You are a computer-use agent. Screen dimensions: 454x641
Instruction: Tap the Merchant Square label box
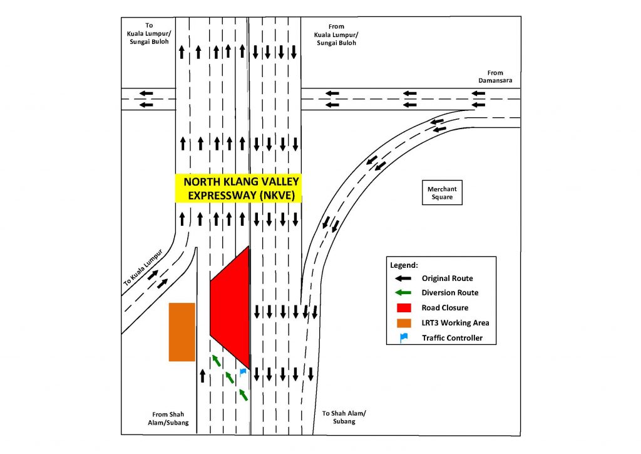click(x=443, y=193)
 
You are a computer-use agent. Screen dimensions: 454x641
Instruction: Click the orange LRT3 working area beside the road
click(x=182, y=332)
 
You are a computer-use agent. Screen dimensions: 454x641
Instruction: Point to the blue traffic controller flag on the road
click(x=243, y=372)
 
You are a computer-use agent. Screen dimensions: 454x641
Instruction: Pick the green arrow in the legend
click(x=404, y=293)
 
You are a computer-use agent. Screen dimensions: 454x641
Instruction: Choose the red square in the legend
click(x=404, y=308)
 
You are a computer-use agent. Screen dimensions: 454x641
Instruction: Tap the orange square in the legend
click(x=404, y=323)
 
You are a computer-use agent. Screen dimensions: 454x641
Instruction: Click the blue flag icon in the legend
click(x=404, y=338)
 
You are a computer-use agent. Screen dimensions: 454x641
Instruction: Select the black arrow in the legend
click(x=404, y=278)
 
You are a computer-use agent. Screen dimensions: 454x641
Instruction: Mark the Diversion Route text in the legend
click(x=450, y=293)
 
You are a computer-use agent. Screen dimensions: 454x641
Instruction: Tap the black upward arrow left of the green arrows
click(x=202, y=375)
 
